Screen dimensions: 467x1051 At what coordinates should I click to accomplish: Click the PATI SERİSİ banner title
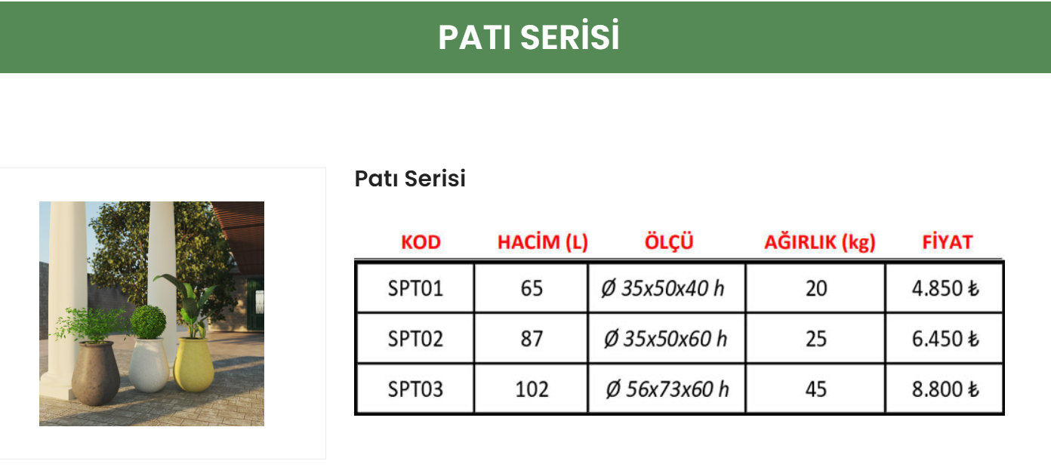tap(529, 37)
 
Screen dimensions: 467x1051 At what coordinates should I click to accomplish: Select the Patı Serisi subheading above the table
tap(410, 179)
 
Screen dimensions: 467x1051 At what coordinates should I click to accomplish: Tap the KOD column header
tap(421, 242)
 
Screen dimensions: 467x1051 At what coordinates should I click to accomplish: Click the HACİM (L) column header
tap(542, 242)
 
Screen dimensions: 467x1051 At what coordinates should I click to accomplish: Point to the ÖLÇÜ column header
tap(669, 242)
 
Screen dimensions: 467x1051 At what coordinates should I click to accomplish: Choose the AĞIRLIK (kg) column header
tap(819, 242)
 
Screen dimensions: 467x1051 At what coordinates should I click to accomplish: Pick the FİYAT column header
tap(948, 242)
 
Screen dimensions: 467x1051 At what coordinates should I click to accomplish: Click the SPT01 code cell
tap(415, 288)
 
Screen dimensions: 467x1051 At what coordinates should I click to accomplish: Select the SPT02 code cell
tap(415, 339)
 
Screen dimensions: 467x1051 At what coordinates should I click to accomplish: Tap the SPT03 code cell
tap(415, 389)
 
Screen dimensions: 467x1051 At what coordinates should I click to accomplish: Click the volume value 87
tap(532, 339)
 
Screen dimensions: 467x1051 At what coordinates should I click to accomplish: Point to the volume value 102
tap(532, 389)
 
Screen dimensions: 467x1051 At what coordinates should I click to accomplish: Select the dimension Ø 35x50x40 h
tap(663, 288)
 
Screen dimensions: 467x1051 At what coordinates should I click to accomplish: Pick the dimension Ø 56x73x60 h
tap(667, 389)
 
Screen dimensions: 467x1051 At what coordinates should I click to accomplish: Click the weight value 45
tap(816, 389)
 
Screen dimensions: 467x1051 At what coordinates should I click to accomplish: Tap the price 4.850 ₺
tap(945, 288)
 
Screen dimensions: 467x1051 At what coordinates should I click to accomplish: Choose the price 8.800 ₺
tap(945, 389)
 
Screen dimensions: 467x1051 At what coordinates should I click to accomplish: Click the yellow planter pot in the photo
tap(194, 364)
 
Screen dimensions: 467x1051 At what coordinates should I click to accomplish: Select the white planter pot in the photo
tap(149, 365)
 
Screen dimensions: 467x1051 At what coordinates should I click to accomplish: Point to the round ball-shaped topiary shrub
tap(148, 321)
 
